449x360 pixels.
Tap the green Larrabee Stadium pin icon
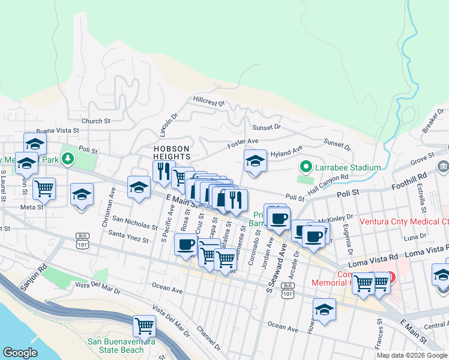pos(306,167)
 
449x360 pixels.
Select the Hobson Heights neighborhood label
pos(172,152)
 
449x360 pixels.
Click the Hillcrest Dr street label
pos(208,100)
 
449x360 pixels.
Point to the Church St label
pos(96,121)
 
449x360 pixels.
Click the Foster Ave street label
pos(243,143)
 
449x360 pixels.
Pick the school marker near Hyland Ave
pos(255,161)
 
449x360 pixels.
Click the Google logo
pos(20,352)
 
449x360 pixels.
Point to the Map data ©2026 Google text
pos(411,355)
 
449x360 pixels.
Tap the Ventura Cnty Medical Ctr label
pos(403,221)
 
